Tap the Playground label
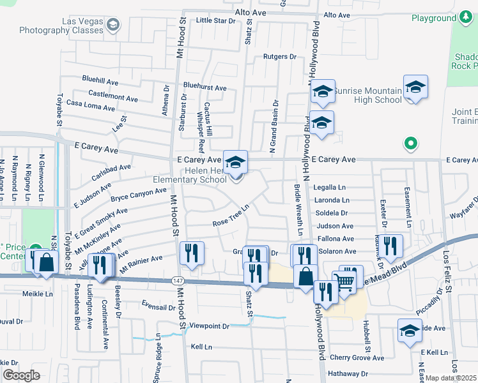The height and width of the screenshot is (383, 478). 433,18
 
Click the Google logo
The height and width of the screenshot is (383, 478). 21,375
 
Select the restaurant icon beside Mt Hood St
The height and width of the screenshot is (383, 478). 192,253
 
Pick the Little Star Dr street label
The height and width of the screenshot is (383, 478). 216,20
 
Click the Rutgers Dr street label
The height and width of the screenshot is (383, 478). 281,57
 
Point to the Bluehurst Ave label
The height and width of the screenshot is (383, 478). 204,87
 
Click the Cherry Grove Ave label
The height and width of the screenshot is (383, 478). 357,358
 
